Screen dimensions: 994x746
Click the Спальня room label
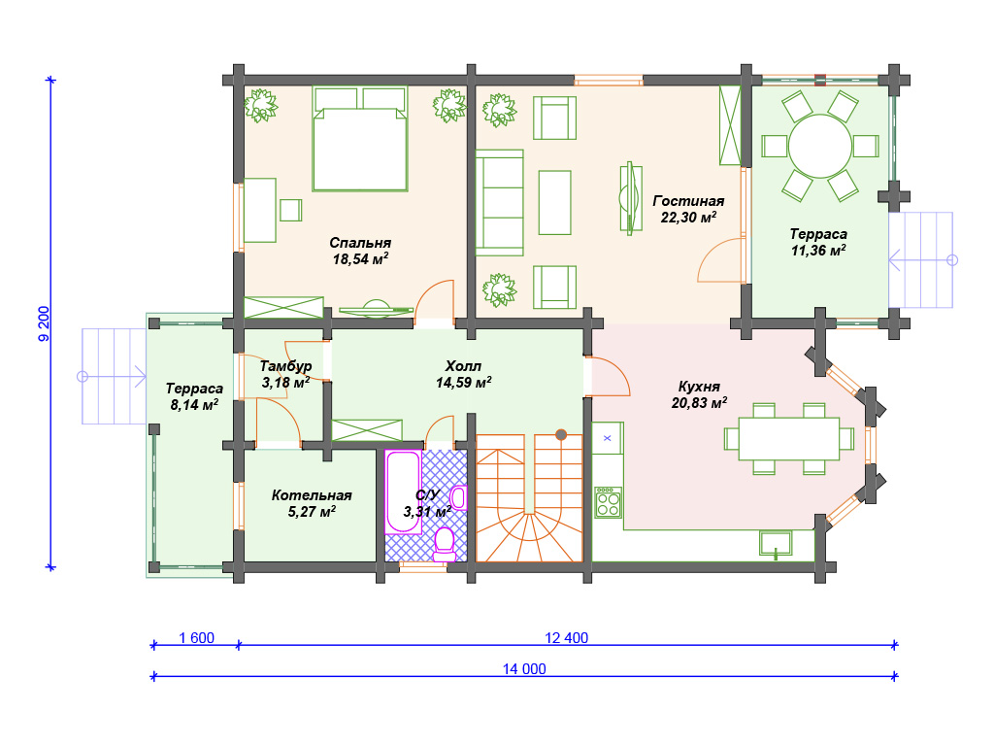pos(360,242)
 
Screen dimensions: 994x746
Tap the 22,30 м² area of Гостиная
pos(688,217)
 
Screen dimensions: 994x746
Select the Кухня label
pos(699,387)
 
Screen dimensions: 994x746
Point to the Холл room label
pos(463,366)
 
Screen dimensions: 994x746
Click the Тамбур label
pos(286,366)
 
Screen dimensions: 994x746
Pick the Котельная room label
pos(312,494)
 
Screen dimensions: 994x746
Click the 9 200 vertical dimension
pos(44,323)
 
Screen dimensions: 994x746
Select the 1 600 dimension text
pos(196,637)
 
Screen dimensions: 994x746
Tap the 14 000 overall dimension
pos(524,668)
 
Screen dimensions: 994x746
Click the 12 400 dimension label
pos(567,637)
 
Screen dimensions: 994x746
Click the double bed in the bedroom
pos(360,139)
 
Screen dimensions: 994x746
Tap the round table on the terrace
pos(819,146)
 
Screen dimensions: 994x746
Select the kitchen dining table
pos(789,438)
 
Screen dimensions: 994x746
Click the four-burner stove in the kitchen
pos(608,502)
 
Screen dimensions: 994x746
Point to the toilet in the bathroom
pos(445,544)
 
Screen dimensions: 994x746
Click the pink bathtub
pos(403,492)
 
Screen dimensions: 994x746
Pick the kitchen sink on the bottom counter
pos(776,544)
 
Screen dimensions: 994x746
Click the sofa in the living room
pos(500,203)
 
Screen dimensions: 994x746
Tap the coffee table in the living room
pos(554,202)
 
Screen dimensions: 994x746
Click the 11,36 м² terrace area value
pos(818,250)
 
